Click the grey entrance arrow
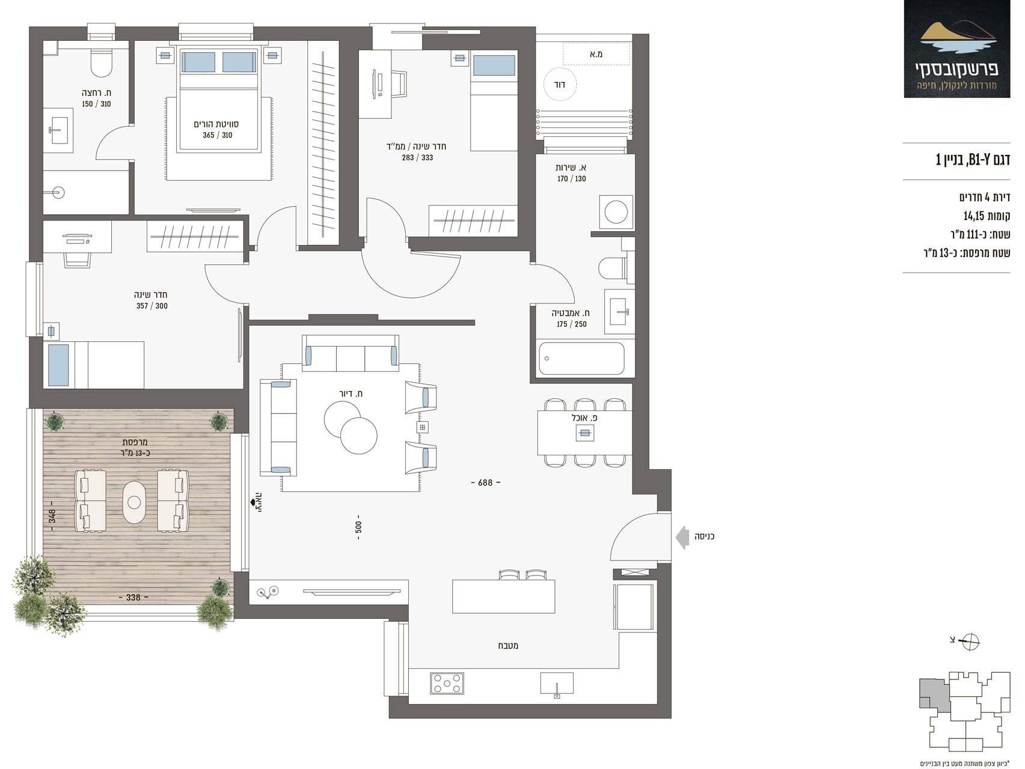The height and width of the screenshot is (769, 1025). click(682, 536)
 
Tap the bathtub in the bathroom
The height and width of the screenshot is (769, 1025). click(581, 359)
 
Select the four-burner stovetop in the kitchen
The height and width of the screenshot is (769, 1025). click(447, 684)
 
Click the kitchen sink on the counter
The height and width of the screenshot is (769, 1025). click(557, 684)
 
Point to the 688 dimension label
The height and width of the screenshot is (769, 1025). click(485, 482)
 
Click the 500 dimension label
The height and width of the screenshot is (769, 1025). click(358, 527)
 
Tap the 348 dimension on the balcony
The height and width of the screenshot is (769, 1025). click(52, 516)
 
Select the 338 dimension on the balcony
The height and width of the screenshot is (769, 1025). click(133, 597)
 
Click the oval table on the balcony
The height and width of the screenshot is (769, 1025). click(134, 502)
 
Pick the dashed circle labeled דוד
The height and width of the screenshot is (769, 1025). click(560, 85)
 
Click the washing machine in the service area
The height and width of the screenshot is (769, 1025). click(616, 212)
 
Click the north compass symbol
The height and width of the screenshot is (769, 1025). click(970, 642)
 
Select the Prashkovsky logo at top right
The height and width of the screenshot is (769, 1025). click(957, 49)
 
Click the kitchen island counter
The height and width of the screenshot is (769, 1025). click(504, 596)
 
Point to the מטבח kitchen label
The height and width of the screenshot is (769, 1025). click(508, 646)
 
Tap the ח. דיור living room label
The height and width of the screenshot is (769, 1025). click(351, 394)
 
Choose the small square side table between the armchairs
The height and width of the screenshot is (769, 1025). click(423, 427)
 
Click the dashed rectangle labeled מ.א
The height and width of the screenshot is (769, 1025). click(596, 53)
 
